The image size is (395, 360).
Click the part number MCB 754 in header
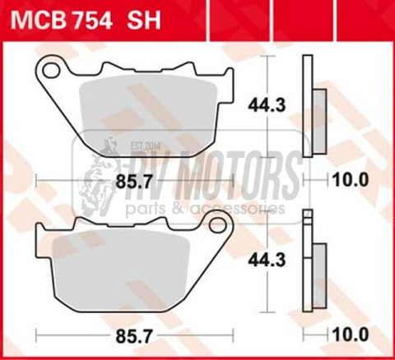tap(67, 18)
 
